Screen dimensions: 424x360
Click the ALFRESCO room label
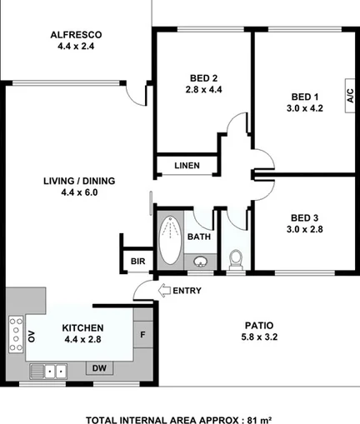[x=76, y=35]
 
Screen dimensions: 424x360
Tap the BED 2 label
[x=204, y=82]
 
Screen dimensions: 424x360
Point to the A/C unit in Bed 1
[x=349, y=95]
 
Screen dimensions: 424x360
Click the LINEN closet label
[x=187, y=166]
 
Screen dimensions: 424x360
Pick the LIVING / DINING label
[x=79, y=181]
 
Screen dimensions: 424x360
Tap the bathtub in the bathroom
[x=169, y=240]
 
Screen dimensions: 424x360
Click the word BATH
[x=198, y=237]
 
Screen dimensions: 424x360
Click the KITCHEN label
[x=82, y=328]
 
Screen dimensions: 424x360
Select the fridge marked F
[x=143, y=336]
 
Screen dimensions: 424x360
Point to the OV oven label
[x=32, y=337]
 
